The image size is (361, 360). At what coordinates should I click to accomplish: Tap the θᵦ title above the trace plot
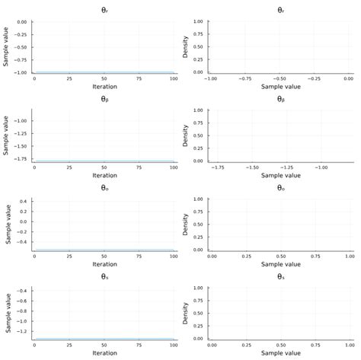pos(104,99)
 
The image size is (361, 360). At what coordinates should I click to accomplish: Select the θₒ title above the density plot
pos(280,188)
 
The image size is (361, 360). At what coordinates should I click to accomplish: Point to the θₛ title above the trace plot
pos(104,277)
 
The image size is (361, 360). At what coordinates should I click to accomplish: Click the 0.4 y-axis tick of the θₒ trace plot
pos(24,202)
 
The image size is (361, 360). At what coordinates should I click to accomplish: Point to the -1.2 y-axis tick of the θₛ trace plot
pos(24,331)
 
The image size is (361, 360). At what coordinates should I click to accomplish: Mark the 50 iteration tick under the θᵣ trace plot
pos(104,78)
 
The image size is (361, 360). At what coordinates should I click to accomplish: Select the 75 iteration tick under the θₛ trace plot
pos(139,345)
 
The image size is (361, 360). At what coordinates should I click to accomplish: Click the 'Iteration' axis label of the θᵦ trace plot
pos(104,175)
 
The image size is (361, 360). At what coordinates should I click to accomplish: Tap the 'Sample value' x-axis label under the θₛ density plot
pos(280,353)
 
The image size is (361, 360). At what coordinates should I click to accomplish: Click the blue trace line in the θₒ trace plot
pos(104,250)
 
